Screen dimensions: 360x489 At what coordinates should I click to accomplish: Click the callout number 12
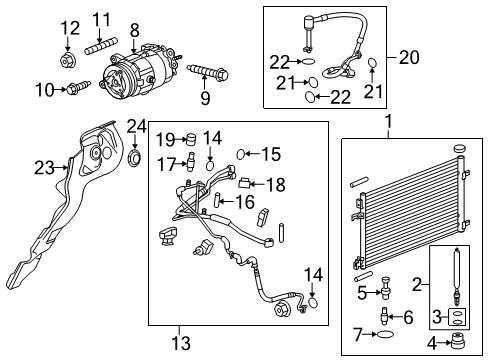point(68,27)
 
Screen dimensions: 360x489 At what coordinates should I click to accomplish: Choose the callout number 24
point(136,126)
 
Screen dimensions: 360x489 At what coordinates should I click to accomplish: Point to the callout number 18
point(276,184)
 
